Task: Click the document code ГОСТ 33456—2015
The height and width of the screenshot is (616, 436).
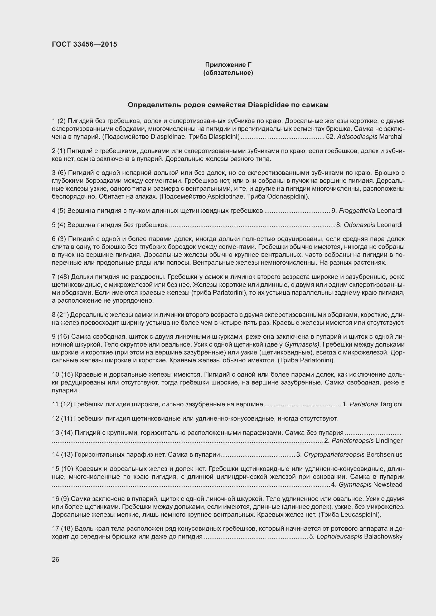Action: click(84, 44)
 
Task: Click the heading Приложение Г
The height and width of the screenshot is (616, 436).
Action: click(228, 65)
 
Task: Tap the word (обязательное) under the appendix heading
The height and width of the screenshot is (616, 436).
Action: click(228, 73)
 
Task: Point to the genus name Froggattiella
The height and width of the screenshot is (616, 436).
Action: click(357, 211)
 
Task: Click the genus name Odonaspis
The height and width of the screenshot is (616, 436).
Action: click(359, 225)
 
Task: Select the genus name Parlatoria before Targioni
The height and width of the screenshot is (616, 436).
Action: click(364, 404)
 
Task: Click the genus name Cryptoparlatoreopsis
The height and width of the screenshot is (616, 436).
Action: click(334, 455)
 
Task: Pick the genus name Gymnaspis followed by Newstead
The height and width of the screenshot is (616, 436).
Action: click(355, 484)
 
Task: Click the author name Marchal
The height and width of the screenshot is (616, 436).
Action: click(391, 137)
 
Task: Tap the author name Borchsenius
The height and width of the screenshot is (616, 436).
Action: click(384, 455)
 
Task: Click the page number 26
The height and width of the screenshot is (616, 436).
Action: click(56, 559)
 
